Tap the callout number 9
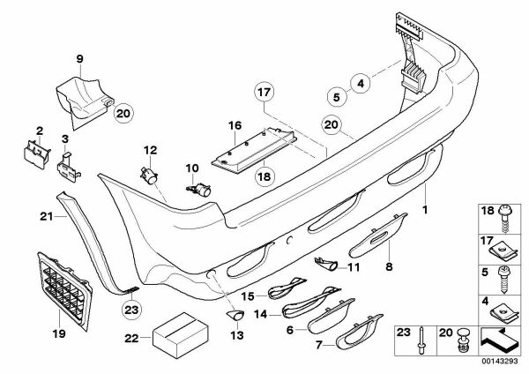79,59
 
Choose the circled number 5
336,94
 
